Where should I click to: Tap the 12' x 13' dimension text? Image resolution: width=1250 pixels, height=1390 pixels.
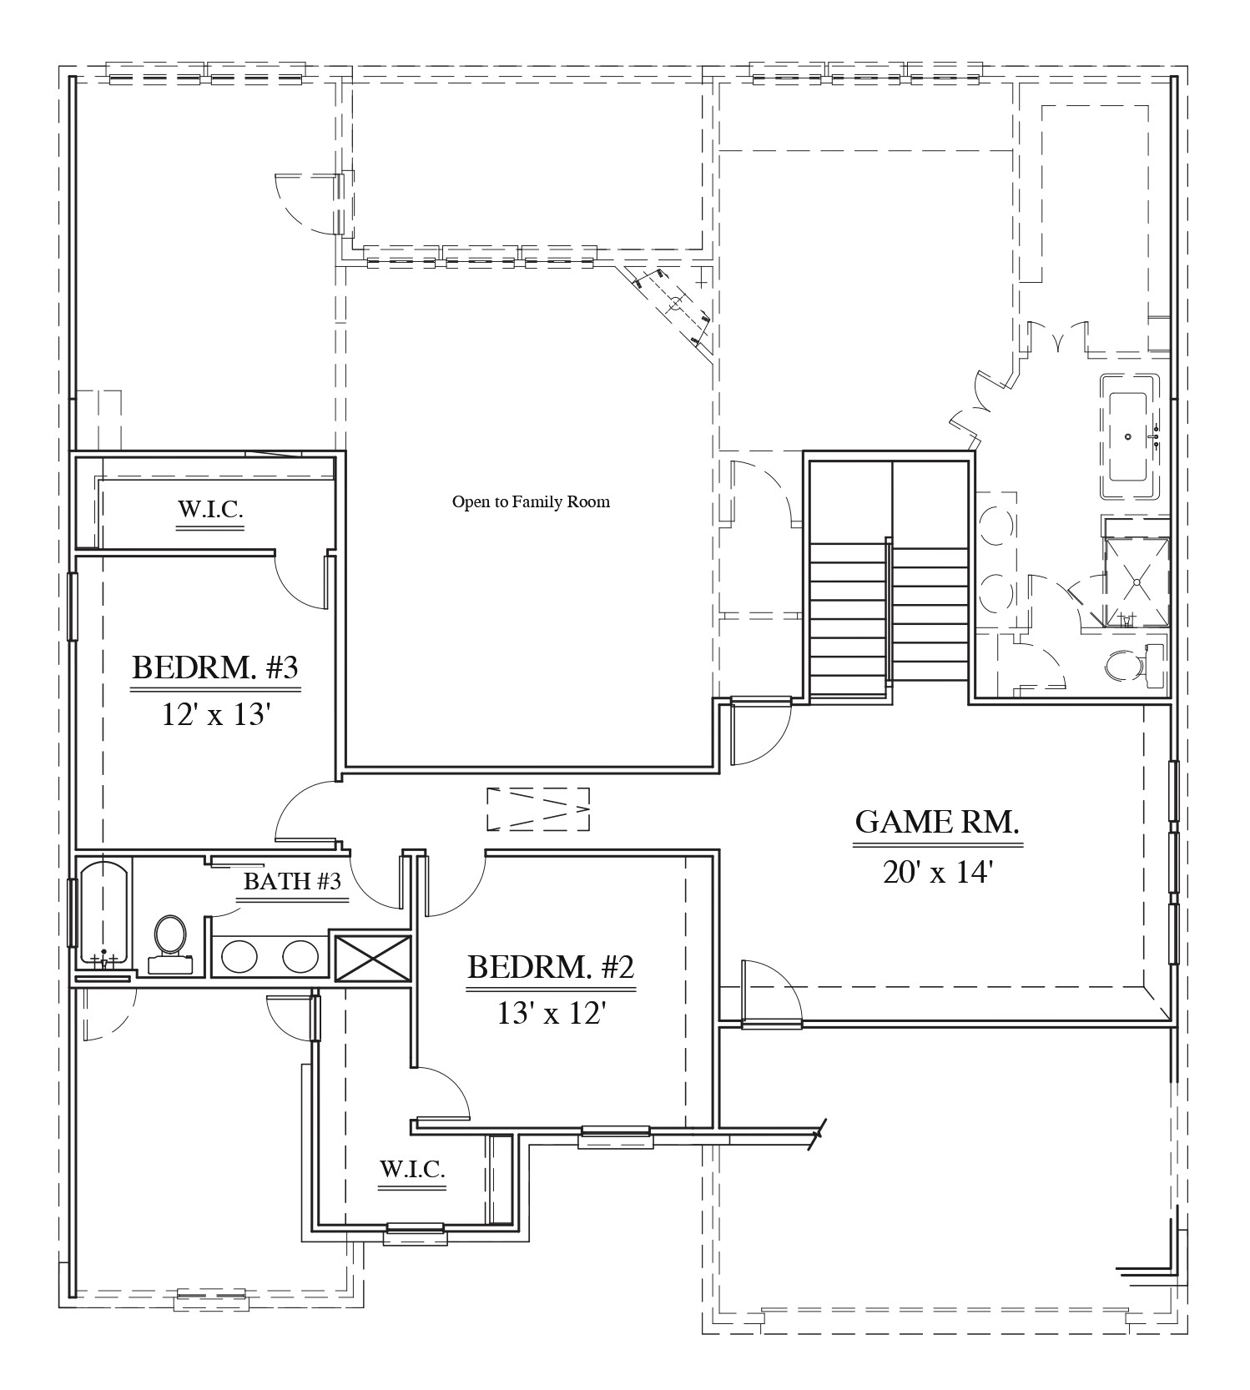click(216, 715)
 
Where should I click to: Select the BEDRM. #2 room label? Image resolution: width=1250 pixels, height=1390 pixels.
click(551, 967)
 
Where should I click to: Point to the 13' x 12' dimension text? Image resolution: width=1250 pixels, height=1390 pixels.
click(551, 1013)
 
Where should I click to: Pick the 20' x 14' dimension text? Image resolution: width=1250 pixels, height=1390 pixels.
click(937, 872)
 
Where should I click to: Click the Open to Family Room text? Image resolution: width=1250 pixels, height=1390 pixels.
click(531, 501)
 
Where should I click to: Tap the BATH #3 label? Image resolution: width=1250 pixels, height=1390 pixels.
click(292, 881)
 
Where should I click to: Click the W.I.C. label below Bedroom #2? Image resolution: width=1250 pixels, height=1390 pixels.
click(412, 1169)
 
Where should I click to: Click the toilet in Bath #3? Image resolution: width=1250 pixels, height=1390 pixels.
click(170, 940)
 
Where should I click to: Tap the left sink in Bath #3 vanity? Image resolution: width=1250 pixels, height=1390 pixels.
click(240, 956)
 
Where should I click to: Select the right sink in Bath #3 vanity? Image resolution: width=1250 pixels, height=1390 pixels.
click(300, 956)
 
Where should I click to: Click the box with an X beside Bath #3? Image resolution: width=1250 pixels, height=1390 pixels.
click(372, 959)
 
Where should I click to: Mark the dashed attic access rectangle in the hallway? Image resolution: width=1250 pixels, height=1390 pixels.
click(538, 808)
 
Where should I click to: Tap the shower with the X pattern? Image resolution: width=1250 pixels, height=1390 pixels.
click(1137, 582)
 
